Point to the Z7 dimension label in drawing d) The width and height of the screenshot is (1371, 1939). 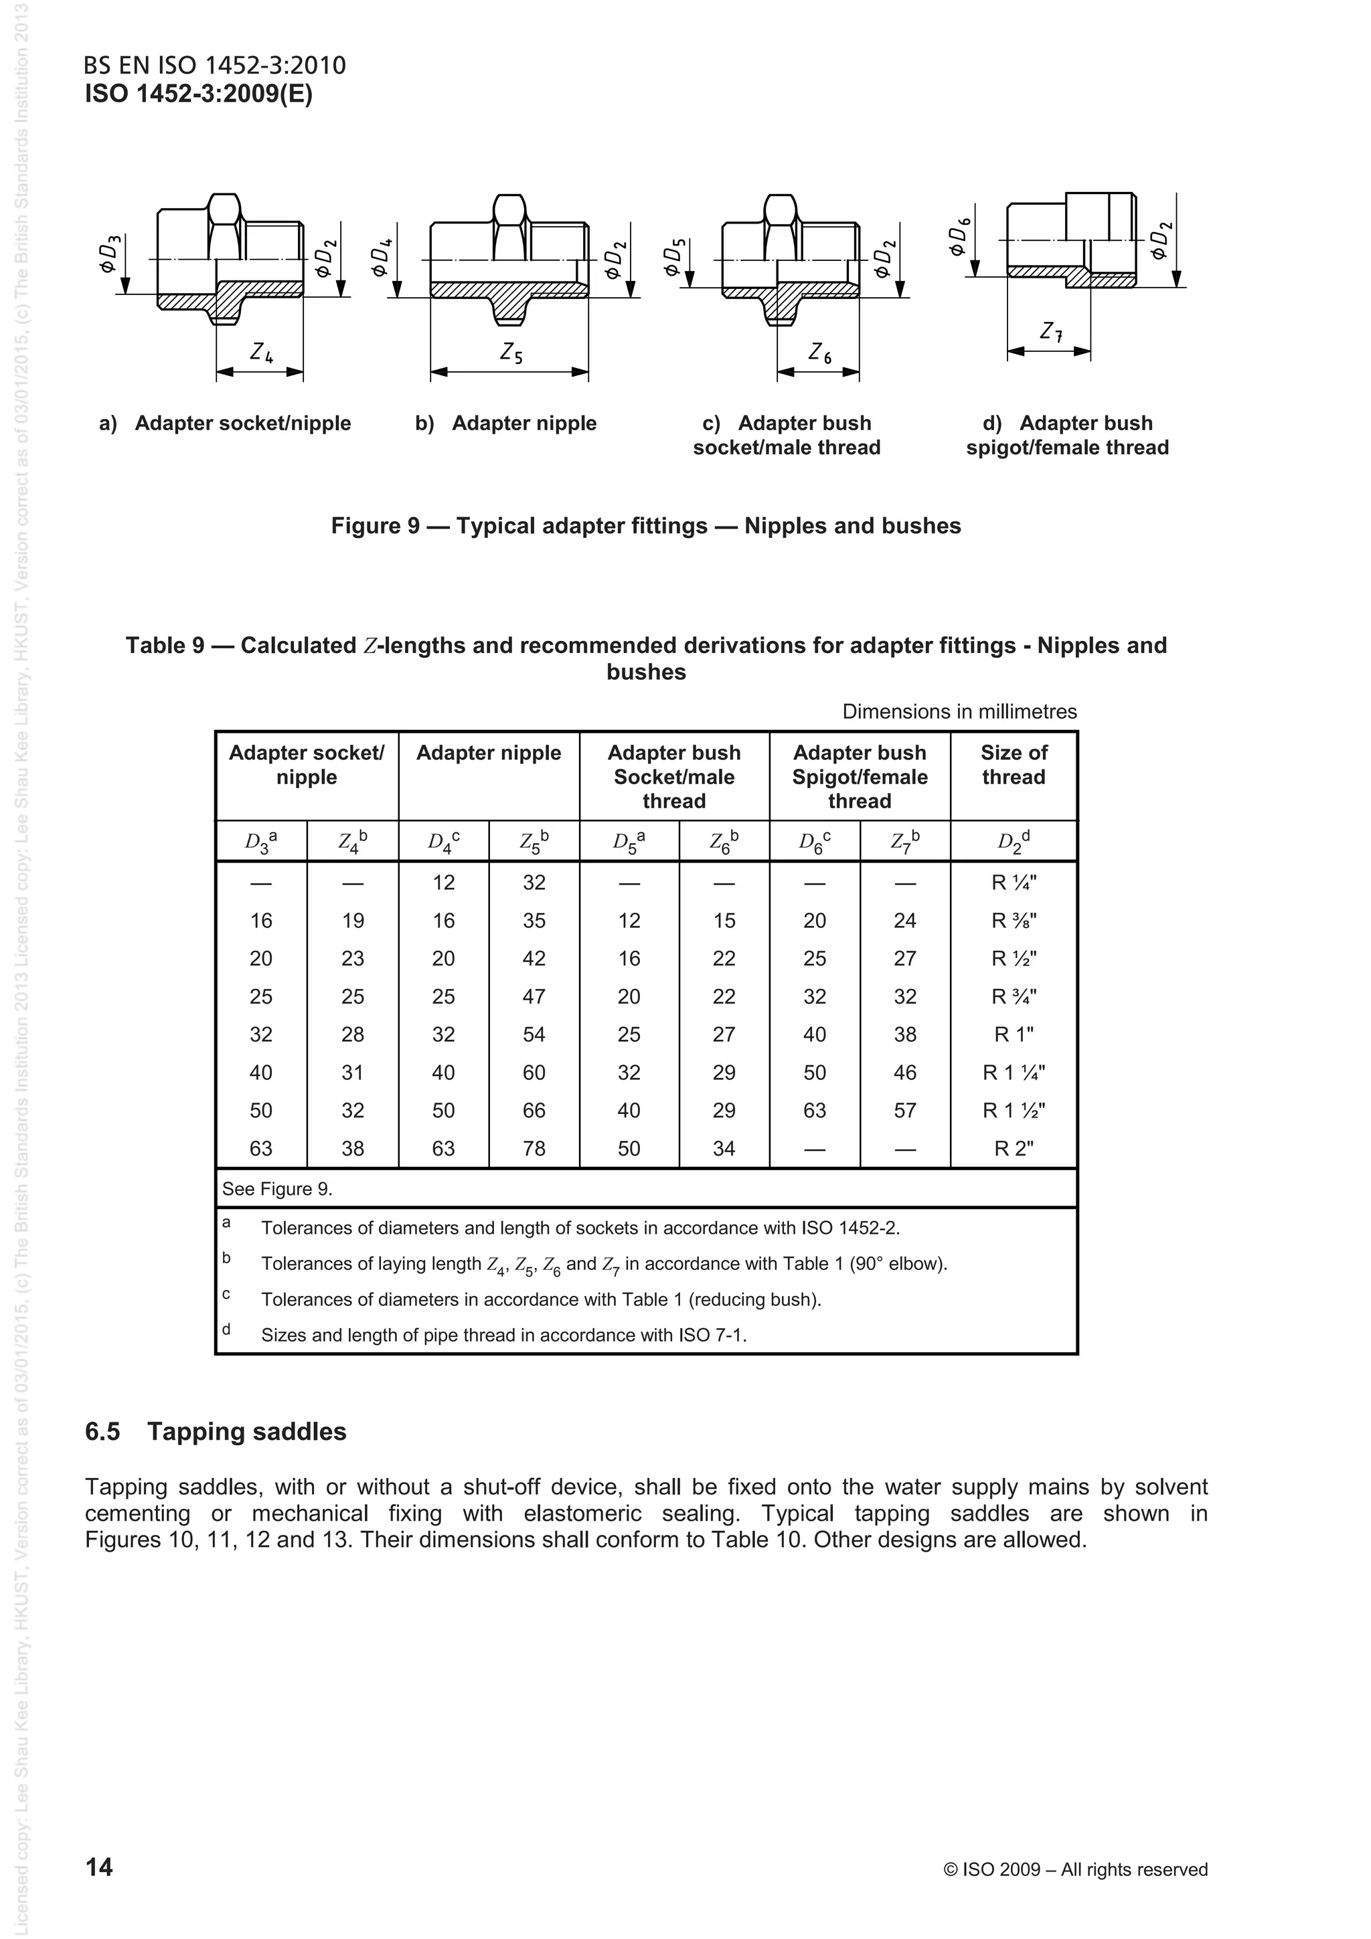(1051, 332)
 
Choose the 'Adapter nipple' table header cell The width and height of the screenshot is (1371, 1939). (488, 753)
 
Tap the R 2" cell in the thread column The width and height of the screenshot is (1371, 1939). (1013, 1149)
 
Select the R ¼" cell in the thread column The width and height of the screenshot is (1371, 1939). (1013, 883)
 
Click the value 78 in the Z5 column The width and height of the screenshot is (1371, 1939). (534, 1149)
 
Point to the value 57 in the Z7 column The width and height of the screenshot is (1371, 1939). (904, 1111)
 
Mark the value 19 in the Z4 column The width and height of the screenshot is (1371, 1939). (352, 921)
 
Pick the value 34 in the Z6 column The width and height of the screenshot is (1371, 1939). (724, 1149)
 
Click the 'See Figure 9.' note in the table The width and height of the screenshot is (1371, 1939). (277, 1189)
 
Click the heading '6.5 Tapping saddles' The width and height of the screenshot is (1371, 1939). (216, 1431)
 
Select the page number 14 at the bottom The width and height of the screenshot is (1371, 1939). (99, 1866)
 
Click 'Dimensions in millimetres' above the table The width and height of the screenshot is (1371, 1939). (959, 711)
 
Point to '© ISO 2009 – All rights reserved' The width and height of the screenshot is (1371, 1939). (1074, 1869)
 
